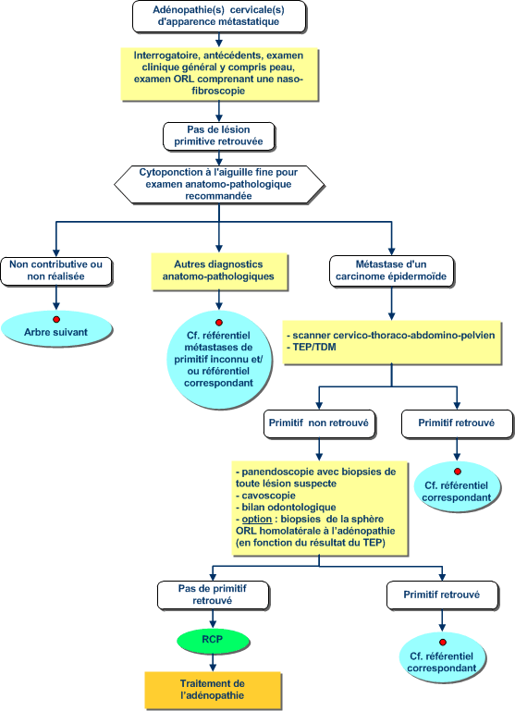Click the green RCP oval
tap(213, 640)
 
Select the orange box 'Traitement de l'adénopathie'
tap(213, 690)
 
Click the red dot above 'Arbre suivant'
tap(56, 319)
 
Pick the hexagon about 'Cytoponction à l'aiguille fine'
tap(219, 184)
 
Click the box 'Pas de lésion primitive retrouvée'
tap(218, 136)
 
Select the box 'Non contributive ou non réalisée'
tap(55, 271)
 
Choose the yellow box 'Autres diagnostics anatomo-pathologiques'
tap(219, 271)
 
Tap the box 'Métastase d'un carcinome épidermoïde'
tap(391, 271)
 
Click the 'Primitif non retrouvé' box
tap(319, 423)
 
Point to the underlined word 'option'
tap(257, 520)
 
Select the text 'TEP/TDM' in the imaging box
tap(314, 348)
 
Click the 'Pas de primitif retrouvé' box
tap(213, 595)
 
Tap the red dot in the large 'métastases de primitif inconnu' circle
tap(219, 323)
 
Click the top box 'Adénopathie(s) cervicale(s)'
tap(219, 16)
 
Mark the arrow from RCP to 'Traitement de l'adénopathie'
tap(213, 662)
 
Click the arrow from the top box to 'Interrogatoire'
tap(219, 40)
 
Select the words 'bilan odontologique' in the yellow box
tap(288, 508)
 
